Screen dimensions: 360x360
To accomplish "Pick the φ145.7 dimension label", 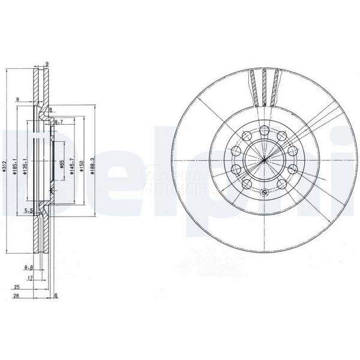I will tap(71, 163).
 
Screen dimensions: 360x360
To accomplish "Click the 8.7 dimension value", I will tap(59, 122).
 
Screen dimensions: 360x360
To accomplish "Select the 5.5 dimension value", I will tap(28, 211).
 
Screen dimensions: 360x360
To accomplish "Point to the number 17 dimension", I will tap(29, 278).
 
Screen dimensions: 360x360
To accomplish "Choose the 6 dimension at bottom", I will tap(55, 296).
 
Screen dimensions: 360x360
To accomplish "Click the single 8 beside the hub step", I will tap(52, 110).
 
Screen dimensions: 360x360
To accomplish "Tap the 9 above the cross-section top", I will tap(47, 64).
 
